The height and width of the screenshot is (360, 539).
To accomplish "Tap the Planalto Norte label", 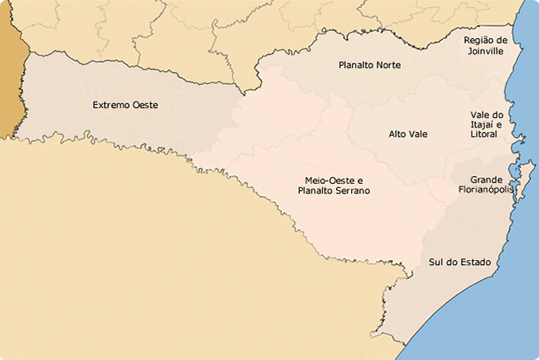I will (x=369, y=65).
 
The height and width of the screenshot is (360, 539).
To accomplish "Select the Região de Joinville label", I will (x=485, y=45).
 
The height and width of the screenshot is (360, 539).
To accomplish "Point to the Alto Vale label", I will (x=407, y=134).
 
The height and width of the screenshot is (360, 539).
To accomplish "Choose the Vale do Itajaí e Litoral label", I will (x=486, y=124).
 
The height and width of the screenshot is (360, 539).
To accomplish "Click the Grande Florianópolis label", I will (x=487, y=185).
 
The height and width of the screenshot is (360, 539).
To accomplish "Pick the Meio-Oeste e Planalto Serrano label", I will (x=333, y=186).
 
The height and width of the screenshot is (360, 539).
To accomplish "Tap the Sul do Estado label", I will (x=459, y=262).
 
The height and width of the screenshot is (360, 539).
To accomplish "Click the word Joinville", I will (x=485, y=51).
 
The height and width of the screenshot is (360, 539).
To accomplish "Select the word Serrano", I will (x=352, y=191).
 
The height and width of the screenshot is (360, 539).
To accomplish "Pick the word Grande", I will (x=487, y=180).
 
